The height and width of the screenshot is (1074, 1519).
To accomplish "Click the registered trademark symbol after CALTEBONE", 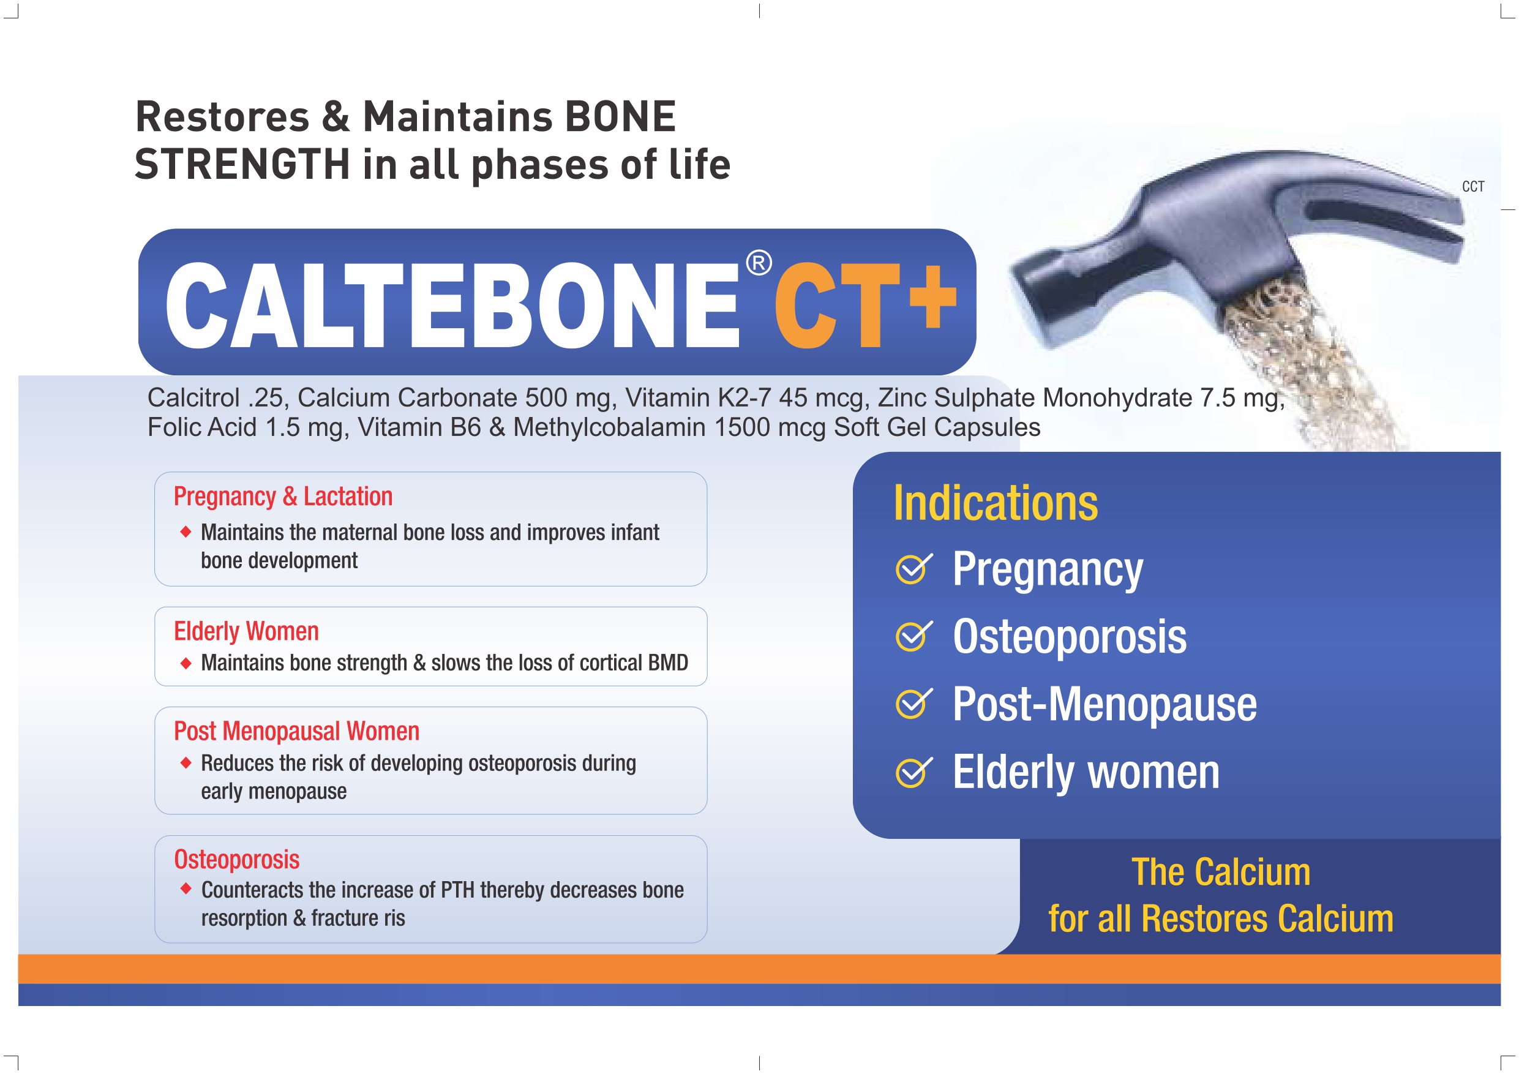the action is pyautogui.click(x=759, y=263).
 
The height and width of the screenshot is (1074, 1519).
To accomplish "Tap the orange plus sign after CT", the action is pyautogui.click(x=933, y=296).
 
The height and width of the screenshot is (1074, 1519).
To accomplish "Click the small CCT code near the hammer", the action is pyautogui.click(x=1473, y=187).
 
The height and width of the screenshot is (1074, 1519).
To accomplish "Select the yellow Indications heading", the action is pyautogui.click(x=996, y=503).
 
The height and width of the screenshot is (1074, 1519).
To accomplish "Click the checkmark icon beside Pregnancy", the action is pyautogui.click(x=913, y=568).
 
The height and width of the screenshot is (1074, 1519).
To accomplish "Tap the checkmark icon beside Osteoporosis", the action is pyautogui.click(x=913, y=636).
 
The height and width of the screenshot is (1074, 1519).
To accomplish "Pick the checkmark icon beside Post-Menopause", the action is pyautogui.click(x=913, y=704).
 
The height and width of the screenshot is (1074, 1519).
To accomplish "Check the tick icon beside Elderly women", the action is pyautogui.click(x=913, y=772).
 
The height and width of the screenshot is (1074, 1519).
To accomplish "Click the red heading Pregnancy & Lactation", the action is pyautogui.click(x=283, y=497).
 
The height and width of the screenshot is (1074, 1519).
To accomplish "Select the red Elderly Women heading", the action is pyautogui.click(x=246, y=631).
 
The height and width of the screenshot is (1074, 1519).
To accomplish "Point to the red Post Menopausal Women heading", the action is pyautogui.click(x=296, y=731).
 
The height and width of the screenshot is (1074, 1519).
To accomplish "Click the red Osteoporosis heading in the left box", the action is pyautogui.click(x=237, y=860).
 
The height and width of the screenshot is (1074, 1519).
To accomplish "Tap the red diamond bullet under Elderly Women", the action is pyautogui.click(x=186, y=663).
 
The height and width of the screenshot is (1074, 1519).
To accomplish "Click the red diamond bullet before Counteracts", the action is pyautogui.click(x=186, y=888).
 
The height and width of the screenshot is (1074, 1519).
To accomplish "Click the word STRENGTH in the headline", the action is pyautogui.click(x=242, y=164).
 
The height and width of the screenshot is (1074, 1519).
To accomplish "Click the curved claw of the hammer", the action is pyautogui.click(x=1376, y=198).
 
